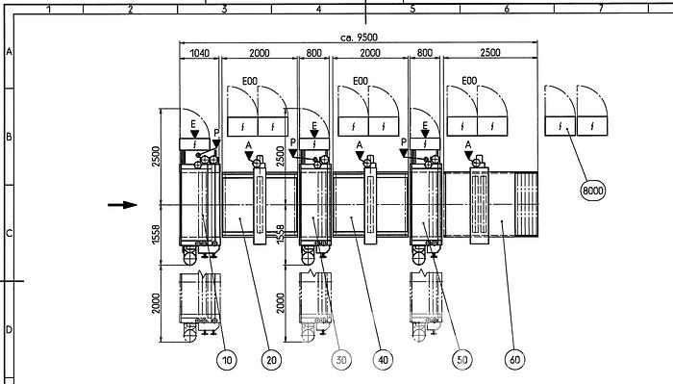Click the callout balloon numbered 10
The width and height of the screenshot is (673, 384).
pyautogui.click(x=226, y=360)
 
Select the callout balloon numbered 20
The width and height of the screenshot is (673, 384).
pyautogui.click(x=271, y=360)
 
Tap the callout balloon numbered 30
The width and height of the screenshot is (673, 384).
pyautogui.click(x=342, y=360)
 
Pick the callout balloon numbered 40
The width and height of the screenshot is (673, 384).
pyautogui.click(x=385, y=360)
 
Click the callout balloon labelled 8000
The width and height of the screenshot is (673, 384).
pyautogui.click(x=594, y=191)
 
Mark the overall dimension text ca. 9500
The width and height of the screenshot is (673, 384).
pyautogui.click(x=361, y=37)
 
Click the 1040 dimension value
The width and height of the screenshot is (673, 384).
pyautogui.click(x=200, y=54)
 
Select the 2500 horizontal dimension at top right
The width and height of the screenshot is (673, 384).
pyautogui.click(x=490, y=54)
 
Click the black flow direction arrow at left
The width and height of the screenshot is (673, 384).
pyautogui.click(x=123, y=204)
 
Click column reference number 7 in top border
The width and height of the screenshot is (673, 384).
pyautogui.click(x=600, y=9)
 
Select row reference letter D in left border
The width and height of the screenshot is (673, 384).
pyautogui.click(x=9, y=329)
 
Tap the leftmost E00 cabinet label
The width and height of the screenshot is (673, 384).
pyautogui.click(x=248, y=81)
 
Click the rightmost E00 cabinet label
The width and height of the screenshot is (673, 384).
pyautogui.click(x=469, y=81)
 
